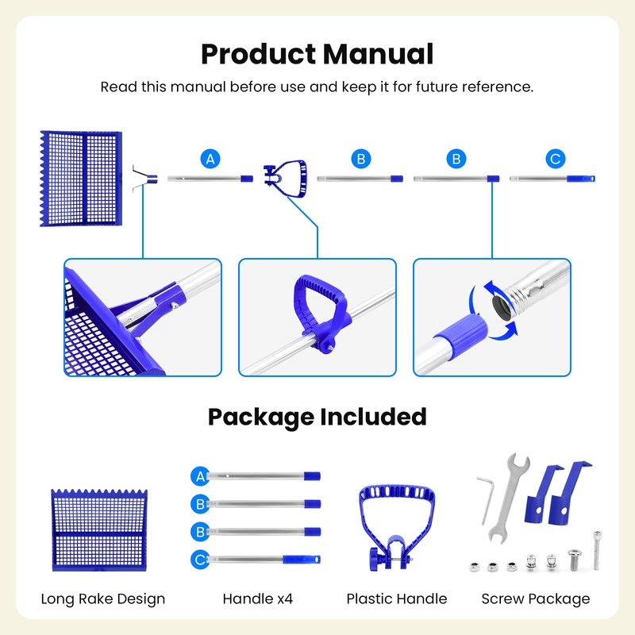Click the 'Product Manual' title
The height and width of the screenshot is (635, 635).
317,54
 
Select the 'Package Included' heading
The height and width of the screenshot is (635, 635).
317,417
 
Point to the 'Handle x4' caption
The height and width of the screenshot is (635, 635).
257,598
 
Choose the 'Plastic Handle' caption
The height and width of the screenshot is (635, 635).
397,598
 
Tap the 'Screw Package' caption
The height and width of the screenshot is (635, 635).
536,598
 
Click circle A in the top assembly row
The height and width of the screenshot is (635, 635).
210,159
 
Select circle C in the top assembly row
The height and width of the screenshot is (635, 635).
556,159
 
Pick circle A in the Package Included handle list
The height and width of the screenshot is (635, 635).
200,476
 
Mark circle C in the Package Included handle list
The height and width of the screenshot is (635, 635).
200,560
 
